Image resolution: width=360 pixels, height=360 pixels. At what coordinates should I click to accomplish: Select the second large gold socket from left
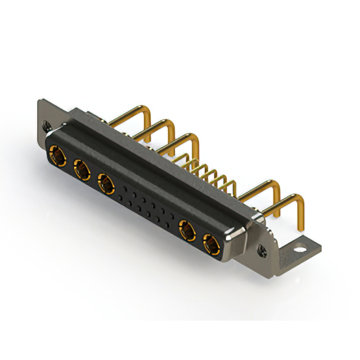(81, 168)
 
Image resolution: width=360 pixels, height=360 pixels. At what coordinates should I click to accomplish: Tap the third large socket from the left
(106, 183)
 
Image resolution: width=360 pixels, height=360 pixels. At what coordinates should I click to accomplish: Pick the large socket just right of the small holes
(187, 231)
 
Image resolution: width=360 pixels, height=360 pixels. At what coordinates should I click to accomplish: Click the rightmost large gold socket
(211, 245)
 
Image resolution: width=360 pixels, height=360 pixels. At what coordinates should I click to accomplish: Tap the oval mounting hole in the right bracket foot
(304, 246)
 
